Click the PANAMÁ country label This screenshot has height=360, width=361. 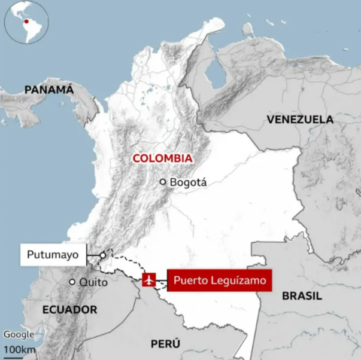(x=49, y=90)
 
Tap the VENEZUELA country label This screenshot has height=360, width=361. (x=300, y=120)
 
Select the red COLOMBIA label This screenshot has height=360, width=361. (x=162, y=158)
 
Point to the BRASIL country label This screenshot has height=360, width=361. (x=302, y=296)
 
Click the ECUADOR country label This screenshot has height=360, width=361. (x=70, y=309)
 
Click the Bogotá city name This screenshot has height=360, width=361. (x=189, y=182)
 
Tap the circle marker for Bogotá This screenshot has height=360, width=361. (x=162, y=182)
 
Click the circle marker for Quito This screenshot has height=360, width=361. (x=72, y=282)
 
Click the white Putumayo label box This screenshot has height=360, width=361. (x=53, y=255)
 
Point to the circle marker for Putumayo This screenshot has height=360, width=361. (x=103, y=255)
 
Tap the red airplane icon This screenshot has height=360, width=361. (x=150, y=279)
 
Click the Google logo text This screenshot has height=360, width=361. (x=18, y=335)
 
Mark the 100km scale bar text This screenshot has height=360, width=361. (x=19, y=349)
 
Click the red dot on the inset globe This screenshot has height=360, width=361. (x=25, y=22)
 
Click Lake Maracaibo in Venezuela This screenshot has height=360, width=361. (x=214, y=75)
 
